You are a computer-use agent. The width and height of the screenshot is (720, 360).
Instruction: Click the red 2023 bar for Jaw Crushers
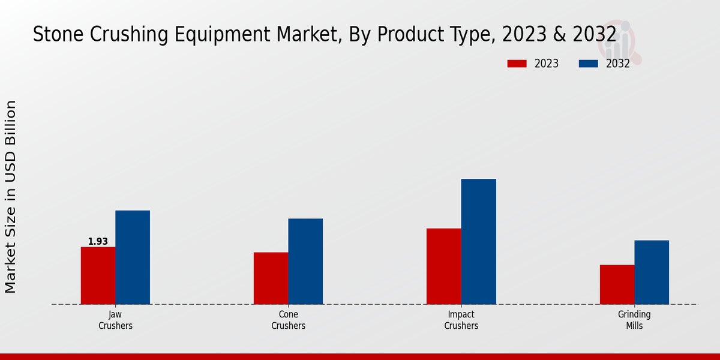tap(98, 275)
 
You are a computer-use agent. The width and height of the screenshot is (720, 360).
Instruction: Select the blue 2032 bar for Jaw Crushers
tap(133, 257)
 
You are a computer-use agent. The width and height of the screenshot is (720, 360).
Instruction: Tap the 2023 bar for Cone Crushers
tap(271, 278)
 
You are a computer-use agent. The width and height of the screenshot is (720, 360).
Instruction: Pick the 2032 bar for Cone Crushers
tap(305, 261)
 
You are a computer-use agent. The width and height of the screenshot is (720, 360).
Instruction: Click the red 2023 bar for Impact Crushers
tap(444, 266)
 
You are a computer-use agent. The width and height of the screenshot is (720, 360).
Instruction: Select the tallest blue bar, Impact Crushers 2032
tap(479, 241)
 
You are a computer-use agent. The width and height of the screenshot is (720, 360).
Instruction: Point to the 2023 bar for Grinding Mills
tap(617, 284)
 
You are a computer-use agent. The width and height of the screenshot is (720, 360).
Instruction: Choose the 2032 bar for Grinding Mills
tap(652, 272)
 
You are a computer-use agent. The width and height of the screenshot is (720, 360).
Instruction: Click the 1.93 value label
tap(98, 241)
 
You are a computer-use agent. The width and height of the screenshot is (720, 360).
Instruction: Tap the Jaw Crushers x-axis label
tap(115, 320)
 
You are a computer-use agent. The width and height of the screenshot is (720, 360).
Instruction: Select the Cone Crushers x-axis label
tap(288, 320)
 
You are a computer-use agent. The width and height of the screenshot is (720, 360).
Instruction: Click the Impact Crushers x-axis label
tap(461, 320)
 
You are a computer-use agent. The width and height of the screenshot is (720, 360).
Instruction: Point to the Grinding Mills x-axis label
tap(634, 320)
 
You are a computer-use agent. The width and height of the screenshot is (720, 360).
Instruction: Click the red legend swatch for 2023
tap(517, 64)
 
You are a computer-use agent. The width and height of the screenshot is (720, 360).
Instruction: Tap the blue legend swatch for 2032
tap(589, 64)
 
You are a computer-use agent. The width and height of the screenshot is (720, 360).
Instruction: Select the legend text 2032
tap(617, 64)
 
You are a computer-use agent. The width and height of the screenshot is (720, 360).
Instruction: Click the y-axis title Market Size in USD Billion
tap(11, 197)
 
